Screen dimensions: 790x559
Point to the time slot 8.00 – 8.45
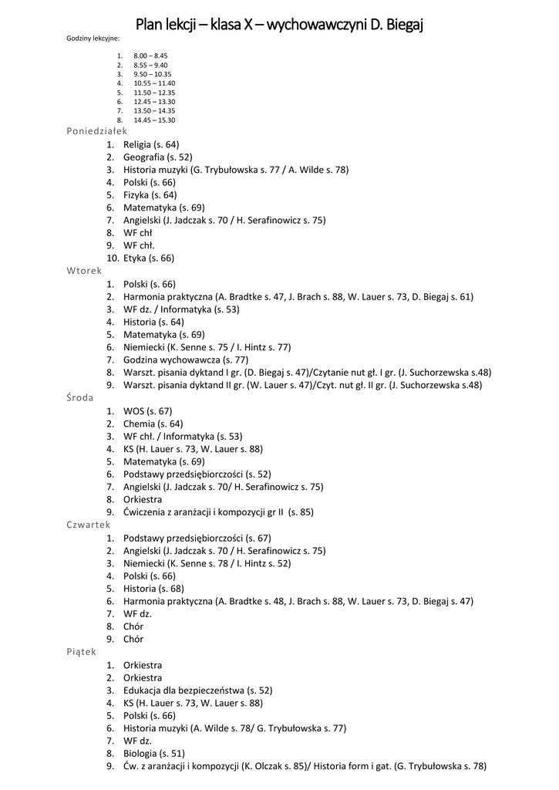[x=150, y=56]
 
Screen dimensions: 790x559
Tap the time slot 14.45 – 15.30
[x=154, y=120]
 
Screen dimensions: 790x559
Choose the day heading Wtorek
[x=84, y=271]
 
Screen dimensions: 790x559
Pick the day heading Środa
[x=80, y=398]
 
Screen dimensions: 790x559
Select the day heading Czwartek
[x=88, y=525]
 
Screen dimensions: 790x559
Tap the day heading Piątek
[x=81, y=652]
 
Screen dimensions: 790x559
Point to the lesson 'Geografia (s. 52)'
[x=157, y=157]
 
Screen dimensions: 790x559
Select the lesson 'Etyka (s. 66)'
[x=149, y=258]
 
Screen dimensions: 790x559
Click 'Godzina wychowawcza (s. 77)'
[x=185, y=360]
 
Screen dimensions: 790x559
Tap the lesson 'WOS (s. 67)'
[x=147, y=410]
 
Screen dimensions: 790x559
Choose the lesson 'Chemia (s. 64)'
[x=153, y=424]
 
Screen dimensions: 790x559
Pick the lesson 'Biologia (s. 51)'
[x=153, y=753]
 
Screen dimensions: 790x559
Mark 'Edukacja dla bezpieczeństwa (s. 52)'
[x=197, y=690]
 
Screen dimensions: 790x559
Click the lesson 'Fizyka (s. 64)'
[x=150, y=195]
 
